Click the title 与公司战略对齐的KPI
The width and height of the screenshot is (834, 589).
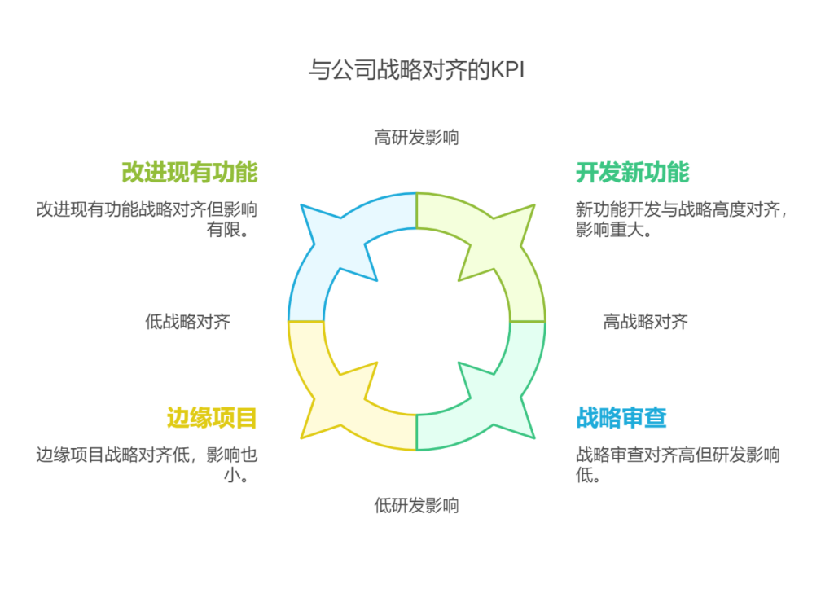click(416, 70)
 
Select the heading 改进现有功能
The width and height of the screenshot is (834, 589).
click(189, 173)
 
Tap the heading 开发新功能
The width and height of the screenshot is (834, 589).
click(632, 173)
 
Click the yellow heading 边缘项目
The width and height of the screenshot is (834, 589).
click(212, 418)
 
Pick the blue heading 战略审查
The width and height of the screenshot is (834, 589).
click(621, 418)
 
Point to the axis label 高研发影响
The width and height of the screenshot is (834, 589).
click(416, 137)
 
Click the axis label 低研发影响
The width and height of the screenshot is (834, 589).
click(416, 505)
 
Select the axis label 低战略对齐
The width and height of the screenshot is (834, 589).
click(188, 322)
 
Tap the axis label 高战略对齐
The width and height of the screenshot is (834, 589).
click(645, 322)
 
